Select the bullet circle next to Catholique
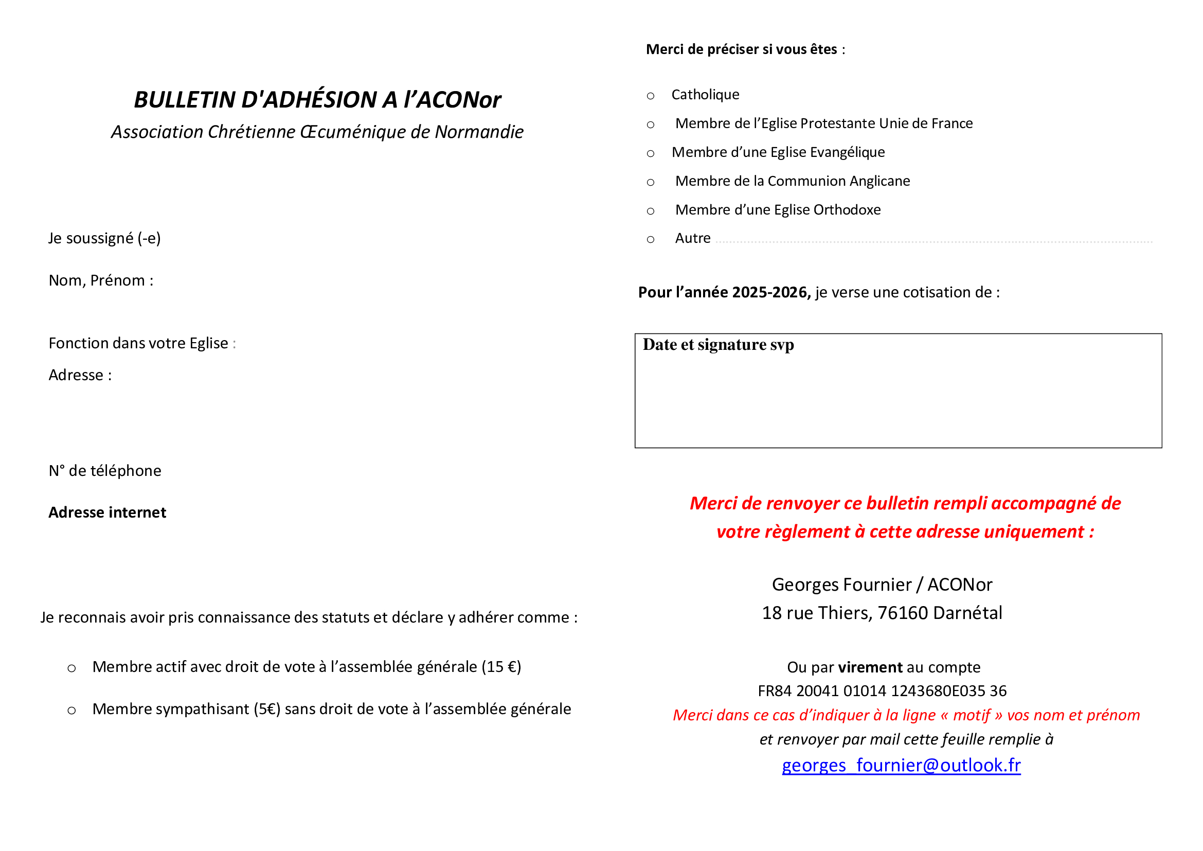click(x=651, y=96)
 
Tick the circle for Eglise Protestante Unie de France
click(x=651, y=125)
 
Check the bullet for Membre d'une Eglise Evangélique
click(x=651, y=153)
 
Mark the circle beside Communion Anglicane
click(x=651, y=182)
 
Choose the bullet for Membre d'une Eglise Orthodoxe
click(x=651, y=211)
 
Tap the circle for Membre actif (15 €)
click(x=72, y=669)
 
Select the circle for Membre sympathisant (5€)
click(x=72, y=711)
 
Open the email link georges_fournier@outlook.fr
click(x=901, y=766)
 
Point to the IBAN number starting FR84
click(x=883, y=691)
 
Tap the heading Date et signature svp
click(x=719, y=345)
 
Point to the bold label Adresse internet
click(x=107, y=512)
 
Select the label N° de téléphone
click(x=105, y=471)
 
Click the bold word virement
click(x=870, y=668)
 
